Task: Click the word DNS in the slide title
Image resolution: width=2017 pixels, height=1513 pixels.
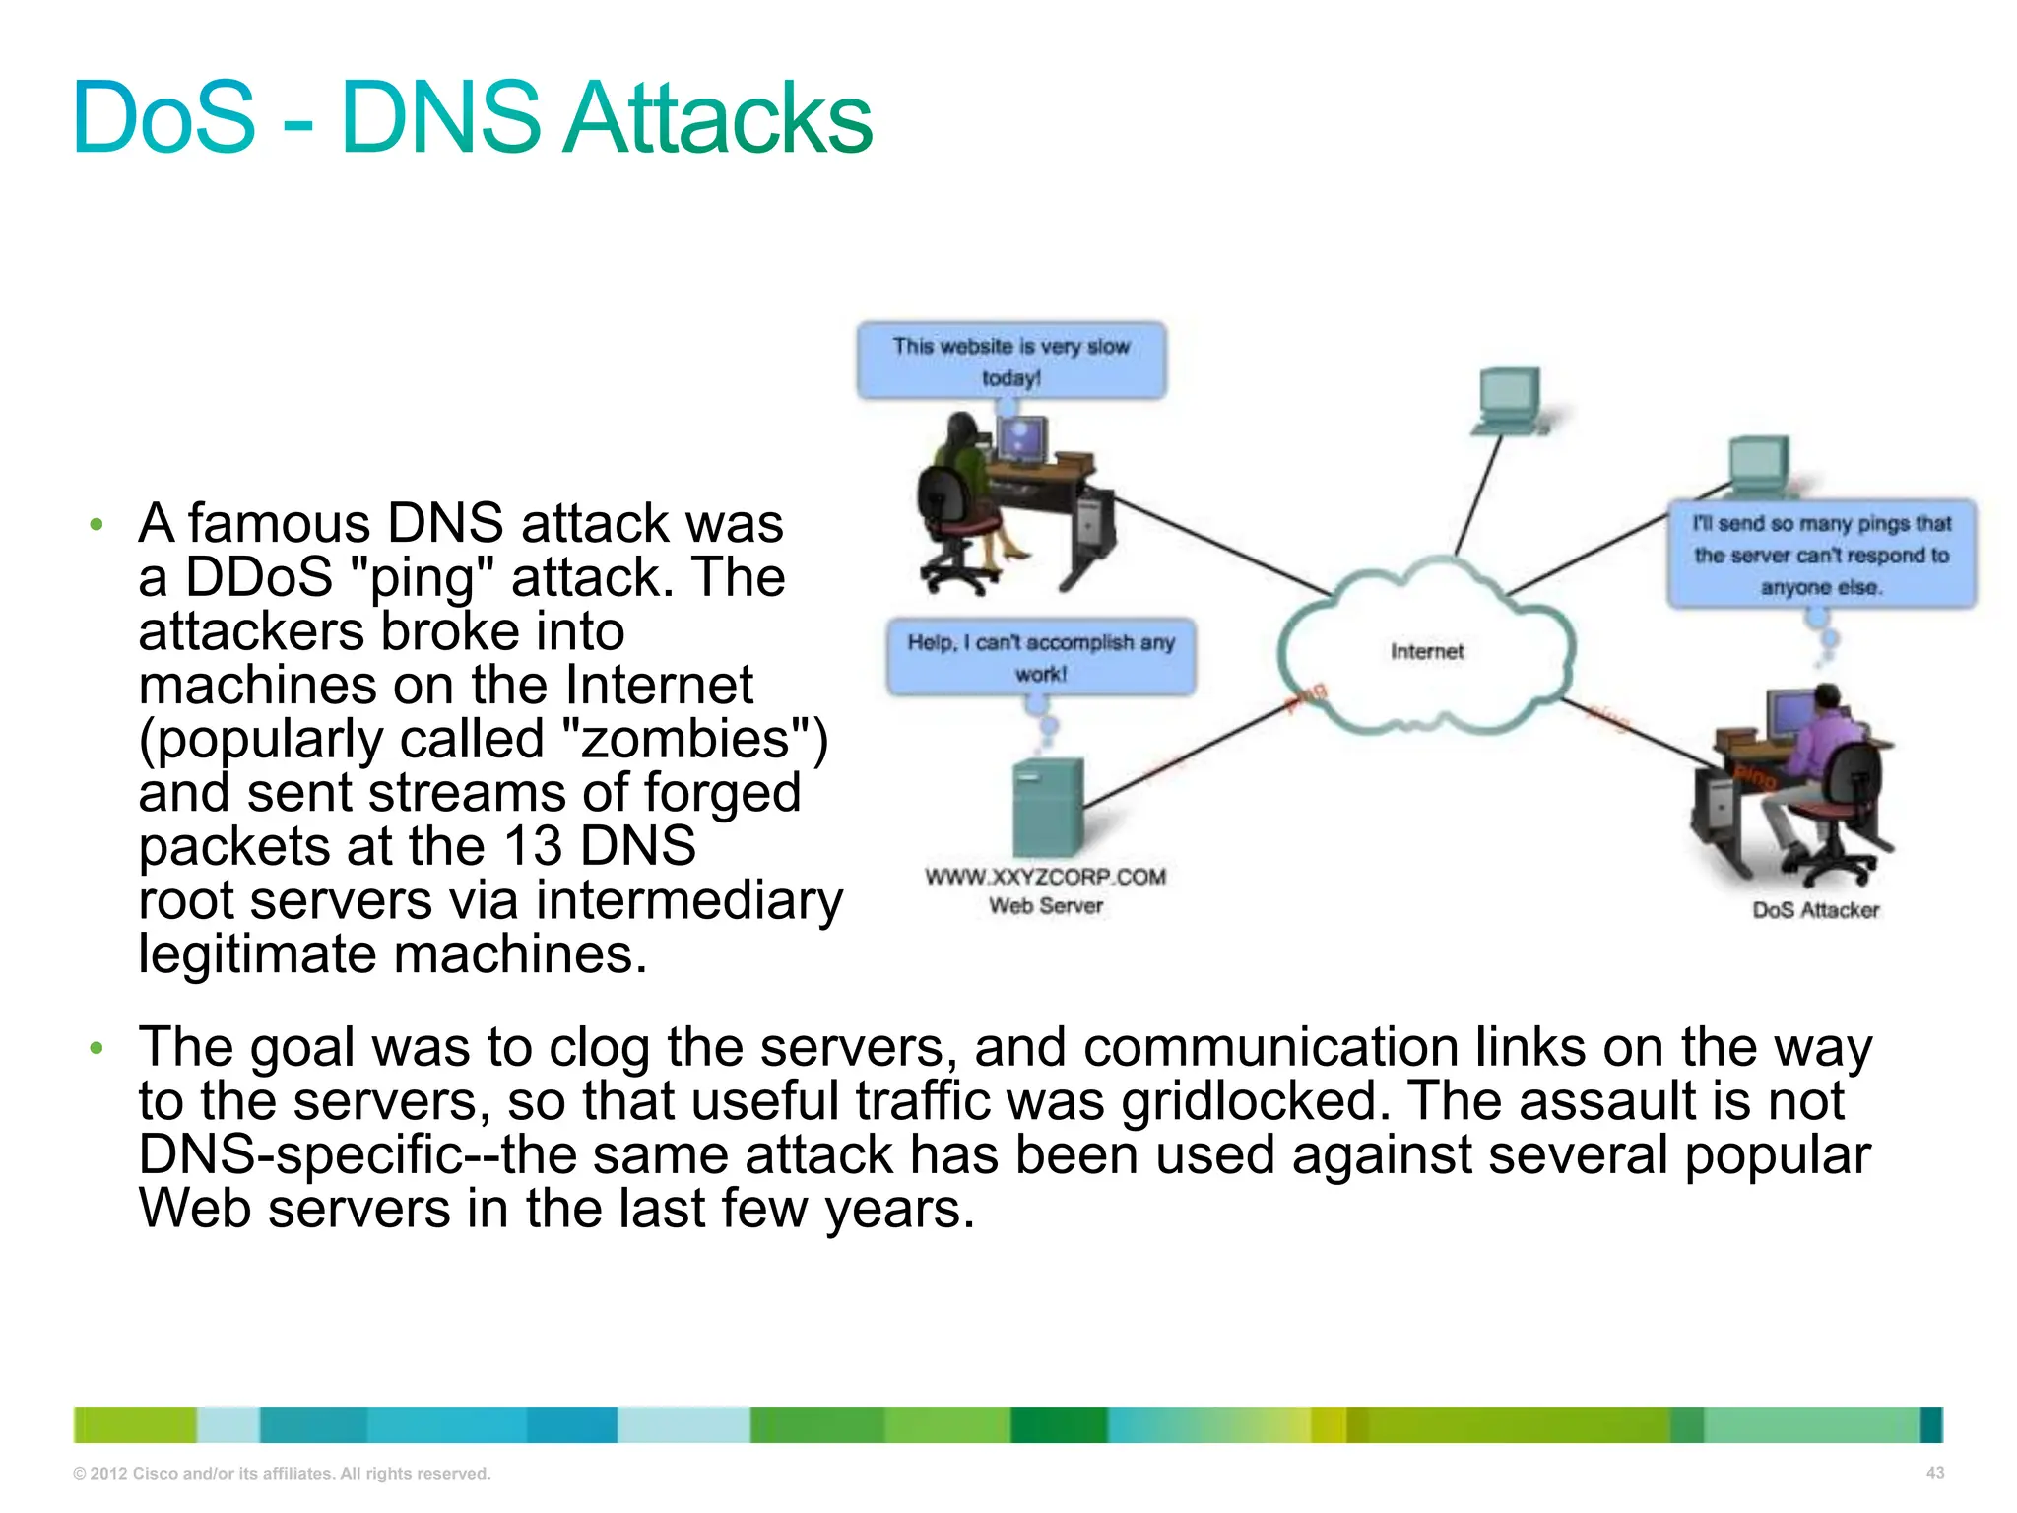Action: pyautogui.click(x=440, y=118)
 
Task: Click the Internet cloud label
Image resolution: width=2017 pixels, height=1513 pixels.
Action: pyautogui.click(x=1426, y=651)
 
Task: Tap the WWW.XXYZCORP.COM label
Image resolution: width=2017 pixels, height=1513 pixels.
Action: pyautogui.click(x=1045, y=876)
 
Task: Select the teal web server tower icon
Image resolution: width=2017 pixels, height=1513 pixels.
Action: pyautogui.click(x=1048, y=808)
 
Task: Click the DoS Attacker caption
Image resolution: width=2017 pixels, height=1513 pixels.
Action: pyautogui.click(x=1815, y=910)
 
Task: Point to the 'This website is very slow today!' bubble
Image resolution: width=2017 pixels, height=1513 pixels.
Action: pyautogui.click(x=1011, y=361)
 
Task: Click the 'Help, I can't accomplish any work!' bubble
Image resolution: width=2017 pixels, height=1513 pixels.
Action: pyautogui.click(x=1041, y=657)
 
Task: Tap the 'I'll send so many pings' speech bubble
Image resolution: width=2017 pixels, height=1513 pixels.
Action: pyautogui.click(x=1821, y=555)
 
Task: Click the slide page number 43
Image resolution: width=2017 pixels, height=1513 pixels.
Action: pyautogui.click(x=1934, y=1473)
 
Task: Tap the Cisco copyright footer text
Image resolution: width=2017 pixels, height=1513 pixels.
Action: pyautogui.click(x=282, y=1474)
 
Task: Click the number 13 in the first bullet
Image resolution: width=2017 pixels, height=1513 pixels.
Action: pyautogui.click(x=533, y=846)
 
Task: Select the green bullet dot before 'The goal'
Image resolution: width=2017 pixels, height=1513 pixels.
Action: pyautogui.click(x=96, y=1048)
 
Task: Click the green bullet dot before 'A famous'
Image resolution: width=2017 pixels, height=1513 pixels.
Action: pyautogui.click(x=96, y=524)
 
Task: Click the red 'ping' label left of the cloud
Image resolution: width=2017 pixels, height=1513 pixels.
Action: pyautogui.click(x=1306, y=697)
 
